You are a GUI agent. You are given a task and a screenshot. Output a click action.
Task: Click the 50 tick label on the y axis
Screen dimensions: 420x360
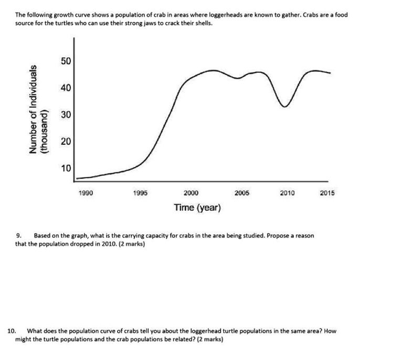pyautogui.click(x=66, y=61)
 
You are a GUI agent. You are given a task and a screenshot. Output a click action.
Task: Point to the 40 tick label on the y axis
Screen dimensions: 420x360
pyautogui.click(x=66, y=88)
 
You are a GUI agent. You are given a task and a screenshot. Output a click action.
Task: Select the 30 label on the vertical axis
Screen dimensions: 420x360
pyautogui.click(x=66, y=115)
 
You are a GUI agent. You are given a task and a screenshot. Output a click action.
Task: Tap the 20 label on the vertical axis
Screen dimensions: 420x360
pyautogui.click(x=66, y=141)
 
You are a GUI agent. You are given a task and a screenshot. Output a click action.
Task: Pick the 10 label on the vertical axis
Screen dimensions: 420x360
pyautogui.click(x=66, y=168)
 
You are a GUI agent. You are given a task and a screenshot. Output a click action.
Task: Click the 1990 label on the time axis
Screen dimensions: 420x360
pyautogui.click(x=86, y=193)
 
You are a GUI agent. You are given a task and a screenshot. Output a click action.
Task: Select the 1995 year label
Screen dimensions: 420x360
pyautogui.click(x=140, y=193)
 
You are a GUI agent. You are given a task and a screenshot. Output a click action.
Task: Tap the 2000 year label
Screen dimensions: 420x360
pyautogui.click(x=191, y=193)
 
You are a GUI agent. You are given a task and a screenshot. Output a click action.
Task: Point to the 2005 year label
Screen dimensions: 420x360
pyautogui.click(x=242, y=193)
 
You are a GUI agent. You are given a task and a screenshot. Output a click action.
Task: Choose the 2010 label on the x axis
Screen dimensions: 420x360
pyautogui.click(x=287, y=193)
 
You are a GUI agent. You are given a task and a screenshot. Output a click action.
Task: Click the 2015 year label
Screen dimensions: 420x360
pyautogui.click(x=327, y=193)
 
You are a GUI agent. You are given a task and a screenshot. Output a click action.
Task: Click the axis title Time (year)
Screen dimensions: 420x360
pyautogui.click(x=197, y=208)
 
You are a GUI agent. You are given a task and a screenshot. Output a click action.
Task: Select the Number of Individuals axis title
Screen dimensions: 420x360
pyautogui.click(x=33, y=109)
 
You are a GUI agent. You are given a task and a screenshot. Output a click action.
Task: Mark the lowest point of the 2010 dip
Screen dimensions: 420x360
pyautogui.click(x=285, y=107)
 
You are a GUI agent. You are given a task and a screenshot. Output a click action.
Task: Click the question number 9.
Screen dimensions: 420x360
pyautogui.click(x=19, y=236)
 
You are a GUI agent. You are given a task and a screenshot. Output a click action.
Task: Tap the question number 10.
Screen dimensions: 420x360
pyautogui.click(x=12, y=331)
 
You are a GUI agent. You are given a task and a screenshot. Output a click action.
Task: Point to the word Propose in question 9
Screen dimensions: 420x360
pyautogui.click(x=277, y=236)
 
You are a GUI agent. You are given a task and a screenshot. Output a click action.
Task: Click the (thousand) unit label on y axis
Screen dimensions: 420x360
pyautogui.click(x=44, y=131)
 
